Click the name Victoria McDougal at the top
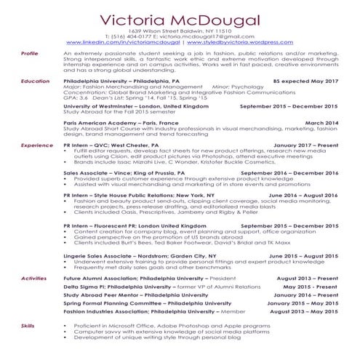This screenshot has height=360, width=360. coord(180,18)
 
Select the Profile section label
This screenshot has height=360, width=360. coord(30,54)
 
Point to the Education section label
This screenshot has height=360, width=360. coord(35,81)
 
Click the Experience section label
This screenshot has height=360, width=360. coord(36,145)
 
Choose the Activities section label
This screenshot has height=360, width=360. coord(34,278)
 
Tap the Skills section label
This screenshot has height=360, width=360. coord(28,326)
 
